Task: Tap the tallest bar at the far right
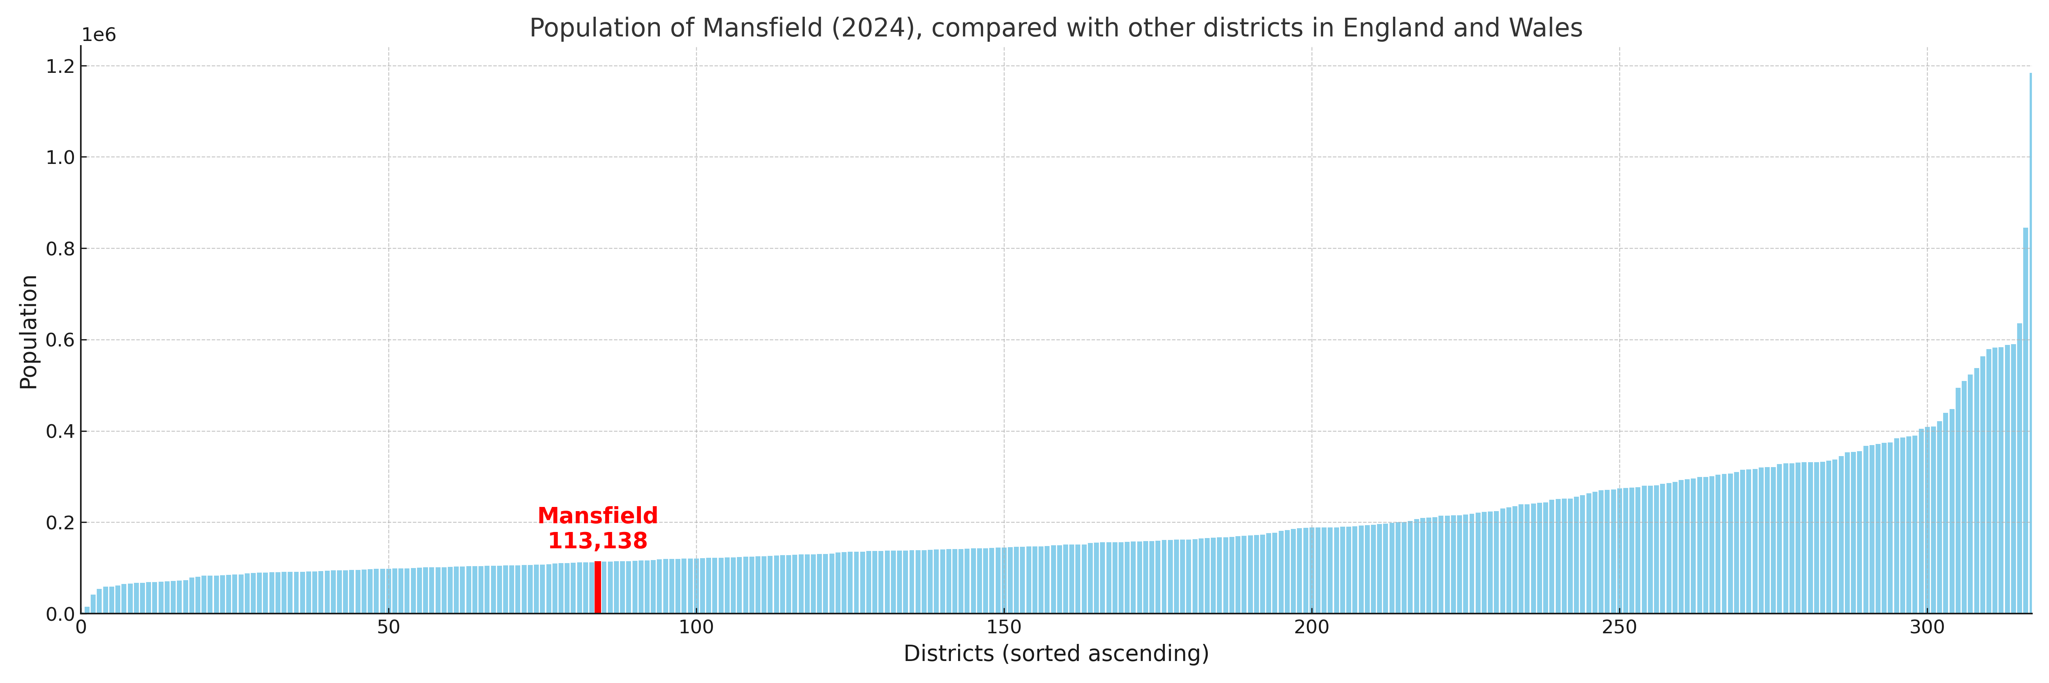pos(2030,342)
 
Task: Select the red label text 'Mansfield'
pos(597,516)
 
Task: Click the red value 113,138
pos(597,541)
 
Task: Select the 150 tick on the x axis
pos(1004,627)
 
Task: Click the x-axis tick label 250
pos(1619,627)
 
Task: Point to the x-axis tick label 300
pos(1926,627)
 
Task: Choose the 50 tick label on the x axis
pos(388,627)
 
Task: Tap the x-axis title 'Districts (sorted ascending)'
pos(1056,653)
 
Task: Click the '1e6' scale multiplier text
pos(99,35)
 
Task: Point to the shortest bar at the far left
pos(87,610)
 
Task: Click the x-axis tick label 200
pos(1311,627)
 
